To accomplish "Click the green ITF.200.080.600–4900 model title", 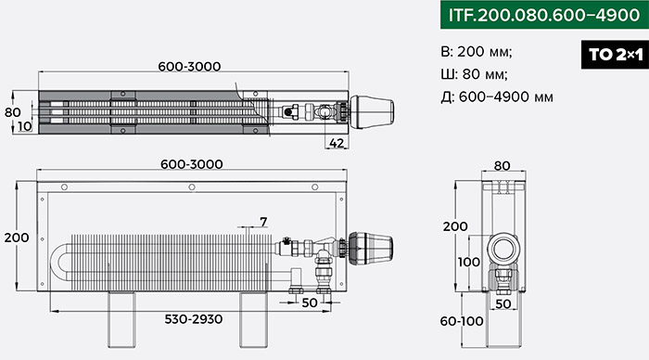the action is tap(544, 15).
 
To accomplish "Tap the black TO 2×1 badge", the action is tap(615, 54).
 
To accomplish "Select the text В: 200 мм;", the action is tap(477, 52).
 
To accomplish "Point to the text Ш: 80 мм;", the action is tap(475, 74).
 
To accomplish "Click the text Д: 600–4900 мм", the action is tap(497, 96).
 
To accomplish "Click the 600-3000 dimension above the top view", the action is tap(189, 66).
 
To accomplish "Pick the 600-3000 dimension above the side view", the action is tap(192, 164).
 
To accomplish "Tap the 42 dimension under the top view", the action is tap(337, 143).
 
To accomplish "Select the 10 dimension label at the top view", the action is tap(25, 126).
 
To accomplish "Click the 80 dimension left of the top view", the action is tap(13, 112).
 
